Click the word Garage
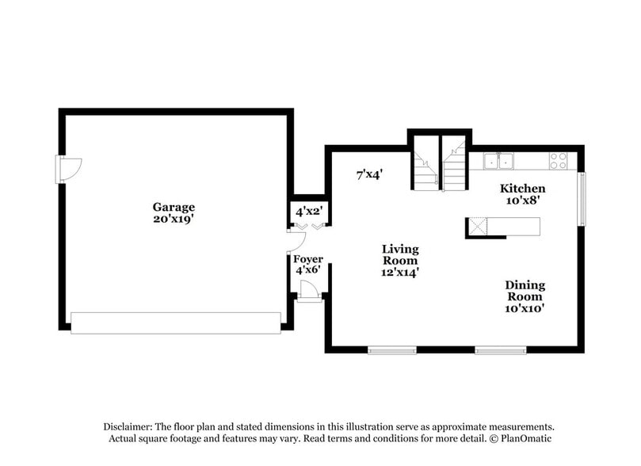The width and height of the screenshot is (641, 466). [x=174, y=207]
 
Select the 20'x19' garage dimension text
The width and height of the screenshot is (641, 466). [x=174, y=219]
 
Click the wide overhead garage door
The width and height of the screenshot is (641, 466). [x=175, y=322]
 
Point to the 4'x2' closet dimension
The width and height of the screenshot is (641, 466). [x=307, y=212]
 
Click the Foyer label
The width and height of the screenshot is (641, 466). [x=307, y=258]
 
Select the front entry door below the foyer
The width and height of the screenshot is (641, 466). [x=310, y=293]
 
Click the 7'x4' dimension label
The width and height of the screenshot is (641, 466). [x=369, y=174]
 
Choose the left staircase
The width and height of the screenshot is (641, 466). [x=424, y=168]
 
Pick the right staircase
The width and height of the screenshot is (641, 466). [x=454, y=168]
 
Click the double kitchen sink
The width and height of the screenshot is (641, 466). [x=499, y=161]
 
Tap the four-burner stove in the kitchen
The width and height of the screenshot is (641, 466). [x=559, y=160]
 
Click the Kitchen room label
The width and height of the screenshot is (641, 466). [x=522, y=189]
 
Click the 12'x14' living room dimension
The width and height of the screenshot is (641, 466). [x=400, y=272]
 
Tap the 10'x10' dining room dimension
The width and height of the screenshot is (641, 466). [x=525, y=308]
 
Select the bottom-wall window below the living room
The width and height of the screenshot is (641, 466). [x=392, y=349]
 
